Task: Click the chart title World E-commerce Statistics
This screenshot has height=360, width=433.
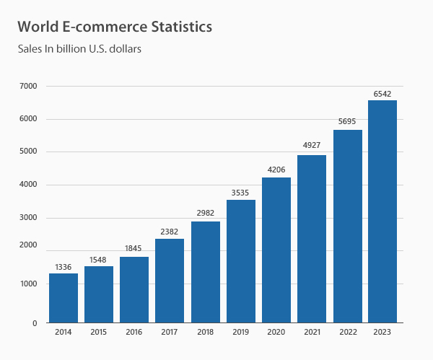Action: coord(115,27)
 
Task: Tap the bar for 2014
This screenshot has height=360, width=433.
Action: coord(64,298)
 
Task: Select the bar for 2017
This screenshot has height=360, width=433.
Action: coord(170,281)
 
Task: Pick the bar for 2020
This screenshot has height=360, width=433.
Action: coord(276,250)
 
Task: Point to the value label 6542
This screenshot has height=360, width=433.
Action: coord(382,94)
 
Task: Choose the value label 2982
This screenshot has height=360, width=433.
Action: coord(205,214)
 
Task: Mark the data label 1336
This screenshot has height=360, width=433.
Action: coord(64,267)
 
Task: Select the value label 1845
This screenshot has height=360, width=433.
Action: coord(134,249)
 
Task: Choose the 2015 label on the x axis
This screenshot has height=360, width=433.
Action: coord(99,333)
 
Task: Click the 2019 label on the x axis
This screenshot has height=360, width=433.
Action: coord(240,333)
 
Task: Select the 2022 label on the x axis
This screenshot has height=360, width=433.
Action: coord(347,333)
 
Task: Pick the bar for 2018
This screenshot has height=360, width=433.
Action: coord(205,272)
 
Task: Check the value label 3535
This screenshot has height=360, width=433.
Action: coord(240,193)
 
